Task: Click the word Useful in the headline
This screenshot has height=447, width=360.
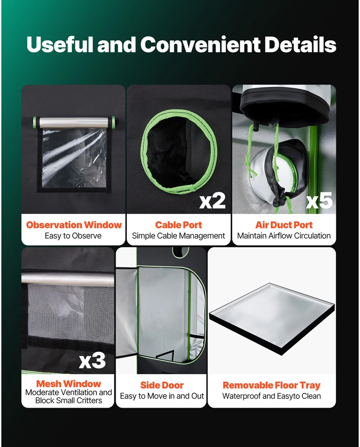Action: [x=60, y=44]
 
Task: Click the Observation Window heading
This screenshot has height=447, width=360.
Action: [x=74, y=225]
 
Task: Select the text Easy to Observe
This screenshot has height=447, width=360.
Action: [x=73, y=236]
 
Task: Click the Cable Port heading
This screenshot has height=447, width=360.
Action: [x=179, y=225]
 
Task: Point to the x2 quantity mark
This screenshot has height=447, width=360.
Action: [x=213, y=201]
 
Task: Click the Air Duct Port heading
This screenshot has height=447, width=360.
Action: [x=284, y=225]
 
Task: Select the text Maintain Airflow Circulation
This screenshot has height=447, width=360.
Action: [x=284, y=236]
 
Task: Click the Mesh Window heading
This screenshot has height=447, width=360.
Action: [x=69, y=384]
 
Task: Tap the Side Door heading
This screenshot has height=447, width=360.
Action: [x=162, y=385]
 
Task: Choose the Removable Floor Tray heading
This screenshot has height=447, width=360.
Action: [x=272, y=385]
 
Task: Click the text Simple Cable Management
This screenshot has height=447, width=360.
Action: [x=179, y=236]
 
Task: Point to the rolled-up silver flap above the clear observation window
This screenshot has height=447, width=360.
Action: [x=74, y=122]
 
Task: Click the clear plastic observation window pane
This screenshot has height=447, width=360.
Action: [x=75, y=158]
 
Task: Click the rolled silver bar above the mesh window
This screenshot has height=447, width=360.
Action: [x=68, y=279]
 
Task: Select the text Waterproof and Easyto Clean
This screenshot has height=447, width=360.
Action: [x=272, y=396]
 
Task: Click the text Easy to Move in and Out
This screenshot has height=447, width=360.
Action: [x=162, y=396]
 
